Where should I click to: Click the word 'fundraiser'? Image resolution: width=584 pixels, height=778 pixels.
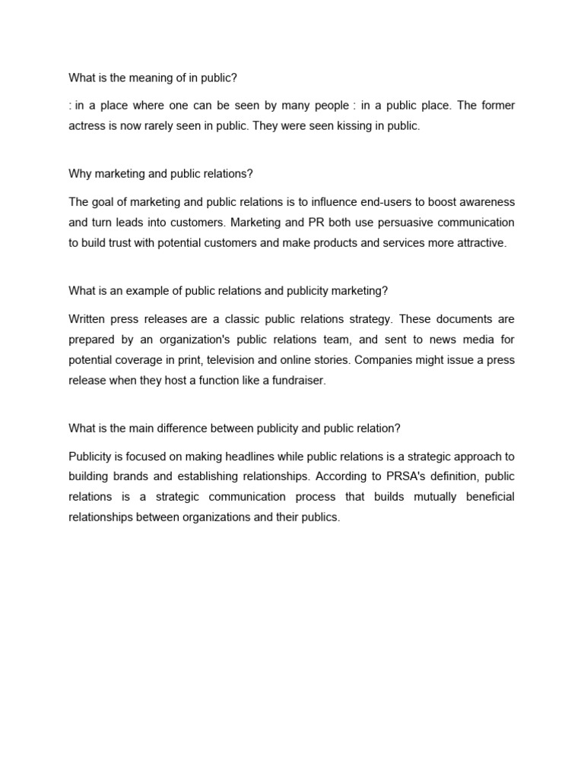(x=298, y=381)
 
